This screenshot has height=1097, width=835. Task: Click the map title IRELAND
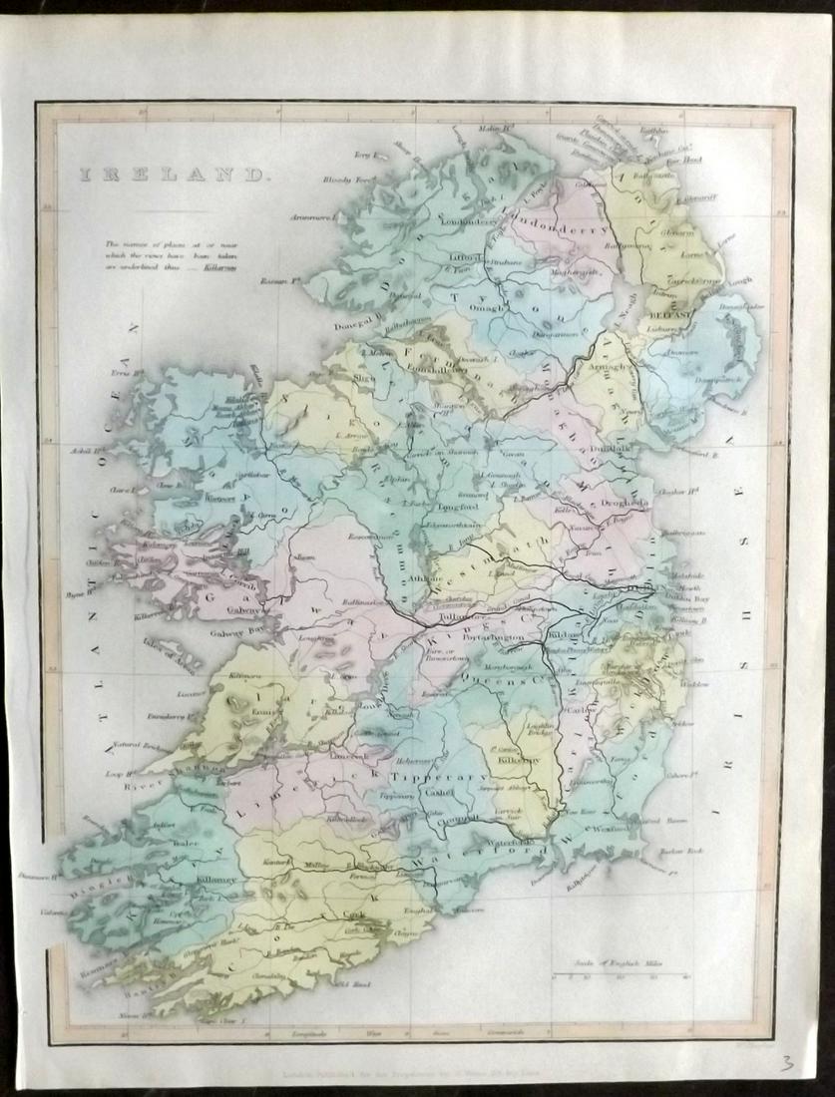(173, 175)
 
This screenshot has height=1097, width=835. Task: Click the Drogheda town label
(626, 504)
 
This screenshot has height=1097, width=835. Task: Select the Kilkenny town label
(519, 760)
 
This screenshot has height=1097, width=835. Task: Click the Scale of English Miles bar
(618, 974)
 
